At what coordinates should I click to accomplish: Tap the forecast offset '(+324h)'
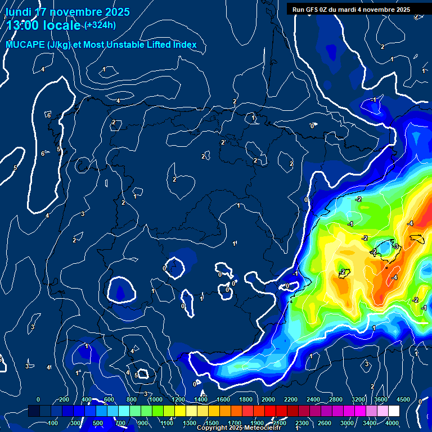[x=100, y=25]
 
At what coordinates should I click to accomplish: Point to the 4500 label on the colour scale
[x=403, y=399]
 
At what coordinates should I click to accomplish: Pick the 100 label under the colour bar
[x=53, y=423]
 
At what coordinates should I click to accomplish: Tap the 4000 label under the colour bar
[x=392, y=423]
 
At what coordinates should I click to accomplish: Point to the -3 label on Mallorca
[x=396, y=247]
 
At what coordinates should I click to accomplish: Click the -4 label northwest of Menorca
[x=411, y=223]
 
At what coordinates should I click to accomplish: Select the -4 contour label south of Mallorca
[x=395, y=277]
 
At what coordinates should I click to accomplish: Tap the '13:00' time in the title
[x=25, y=25]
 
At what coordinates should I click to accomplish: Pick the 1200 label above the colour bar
[x=178, y=399]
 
